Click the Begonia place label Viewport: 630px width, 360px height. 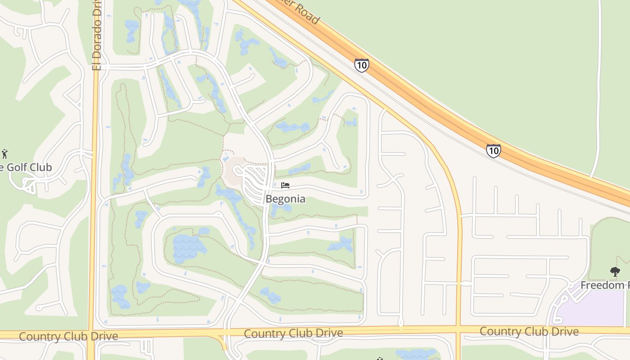[x=285, y=199]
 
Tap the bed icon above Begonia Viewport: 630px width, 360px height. [x=285, y=185]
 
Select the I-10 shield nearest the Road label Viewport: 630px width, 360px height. [x=361, y=65]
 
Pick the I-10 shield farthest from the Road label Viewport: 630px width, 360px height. [x=493, y=150]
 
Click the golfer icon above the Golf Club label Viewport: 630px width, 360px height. [x=5, y=153]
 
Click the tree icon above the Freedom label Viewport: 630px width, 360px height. [x=615, y=271]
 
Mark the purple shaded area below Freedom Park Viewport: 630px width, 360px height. [x=594, y=308]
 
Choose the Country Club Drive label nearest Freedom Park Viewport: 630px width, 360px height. [x=529, y=332]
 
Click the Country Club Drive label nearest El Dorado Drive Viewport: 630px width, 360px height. [x=68, y=336]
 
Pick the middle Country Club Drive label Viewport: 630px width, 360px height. [x=293, y=333]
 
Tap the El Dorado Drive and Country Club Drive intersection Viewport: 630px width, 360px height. [x=92, y=334]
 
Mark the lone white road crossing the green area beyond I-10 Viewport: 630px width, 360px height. [x=598, y=90]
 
